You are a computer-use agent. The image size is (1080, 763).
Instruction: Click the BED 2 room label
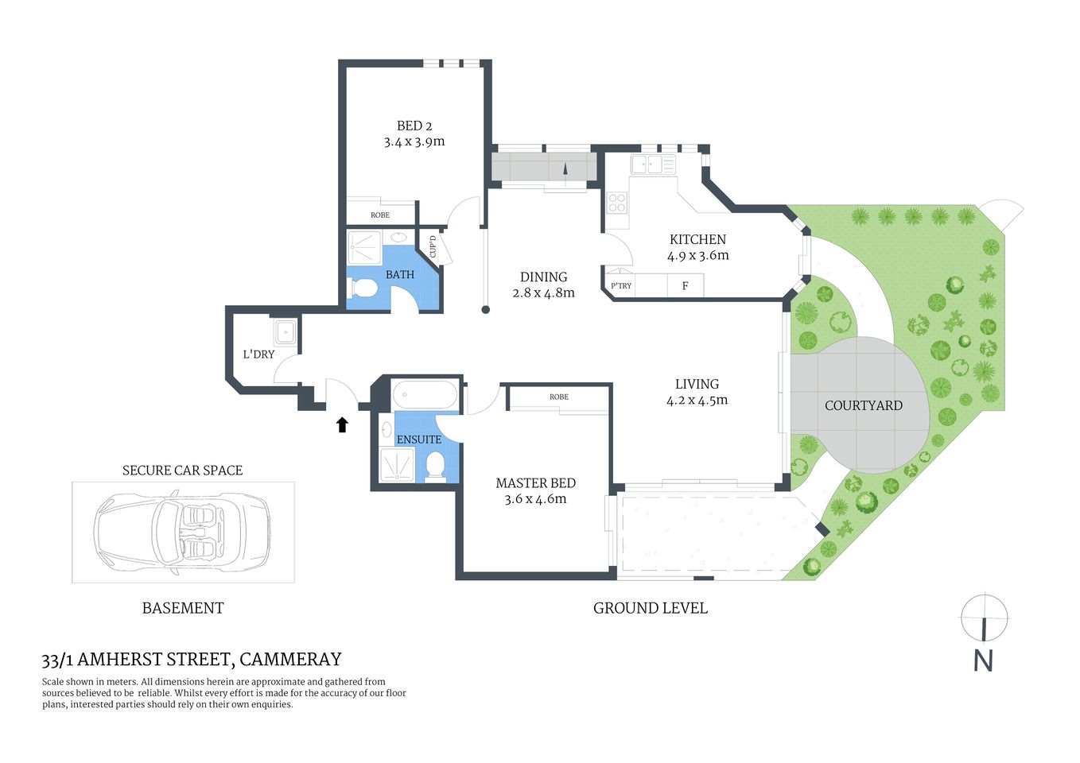coord(414,126)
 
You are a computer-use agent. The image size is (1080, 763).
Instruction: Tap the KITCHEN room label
coord(697,239)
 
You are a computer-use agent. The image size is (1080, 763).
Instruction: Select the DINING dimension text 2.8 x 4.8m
coord(543,292)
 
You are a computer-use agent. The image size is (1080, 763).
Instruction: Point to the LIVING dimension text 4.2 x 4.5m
coord(697,400)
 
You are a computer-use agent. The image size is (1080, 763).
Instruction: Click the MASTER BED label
coord(535,483)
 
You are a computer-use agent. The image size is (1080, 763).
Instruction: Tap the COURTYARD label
coord(863,405)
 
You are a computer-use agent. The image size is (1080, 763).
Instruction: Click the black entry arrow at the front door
coord(342,425)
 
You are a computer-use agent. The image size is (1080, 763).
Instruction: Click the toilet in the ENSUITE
coord(434,466)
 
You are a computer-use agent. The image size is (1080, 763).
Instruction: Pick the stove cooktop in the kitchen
coord(617,203)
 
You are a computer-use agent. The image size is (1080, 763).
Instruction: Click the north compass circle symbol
coord(984,617)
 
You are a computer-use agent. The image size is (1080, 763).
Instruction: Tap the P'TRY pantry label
coord(621,286)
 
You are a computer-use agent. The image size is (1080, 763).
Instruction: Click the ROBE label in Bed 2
coord(380,215)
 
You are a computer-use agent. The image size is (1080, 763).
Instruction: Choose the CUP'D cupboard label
coord(433,247)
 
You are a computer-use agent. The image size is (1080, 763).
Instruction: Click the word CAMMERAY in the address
coord(290,660)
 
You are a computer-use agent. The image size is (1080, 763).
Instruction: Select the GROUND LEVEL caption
coord(650,608)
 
